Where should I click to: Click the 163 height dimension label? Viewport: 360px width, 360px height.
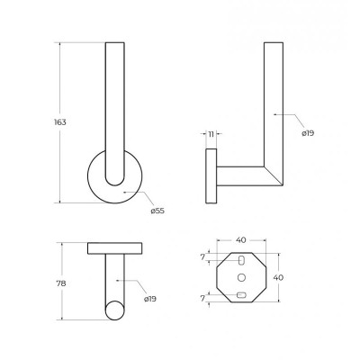point(60,122)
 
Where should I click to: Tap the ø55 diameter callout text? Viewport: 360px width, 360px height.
point(157,211)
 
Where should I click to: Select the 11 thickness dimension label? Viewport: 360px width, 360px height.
point(211,134)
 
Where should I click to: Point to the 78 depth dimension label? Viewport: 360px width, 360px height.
point(61,283)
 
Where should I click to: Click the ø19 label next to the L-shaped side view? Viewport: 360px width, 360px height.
point(308,133)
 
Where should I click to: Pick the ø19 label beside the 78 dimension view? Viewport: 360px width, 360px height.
point(150,299)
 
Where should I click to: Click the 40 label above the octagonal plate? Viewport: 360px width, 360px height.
point(241,240)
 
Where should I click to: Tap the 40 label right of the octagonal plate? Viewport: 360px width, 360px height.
point(278,278)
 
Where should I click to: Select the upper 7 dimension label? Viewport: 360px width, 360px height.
point(202,257)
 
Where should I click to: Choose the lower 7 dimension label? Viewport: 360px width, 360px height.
point(202,299)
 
